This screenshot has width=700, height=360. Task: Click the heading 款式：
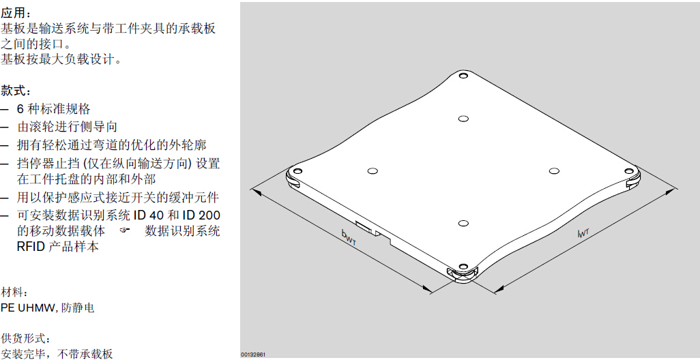(16, 91)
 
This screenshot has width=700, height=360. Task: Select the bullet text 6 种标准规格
(54, 109)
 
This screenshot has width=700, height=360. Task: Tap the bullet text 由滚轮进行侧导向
(67, 127)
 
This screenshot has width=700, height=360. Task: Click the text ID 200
(200, 215)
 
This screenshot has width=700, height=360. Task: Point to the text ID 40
(149, 215)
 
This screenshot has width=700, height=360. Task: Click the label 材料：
(16, 293)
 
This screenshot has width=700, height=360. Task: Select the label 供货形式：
(25, 339)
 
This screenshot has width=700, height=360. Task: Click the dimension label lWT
(583, 232)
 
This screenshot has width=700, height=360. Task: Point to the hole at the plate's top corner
(463, 76)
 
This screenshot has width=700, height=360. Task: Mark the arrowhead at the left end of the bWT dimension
(256, 192)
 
